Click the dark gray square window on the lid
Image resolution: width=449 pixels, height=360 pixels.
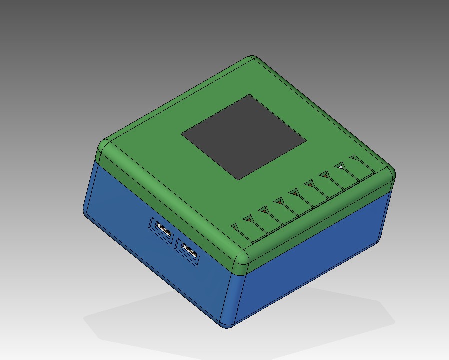click(244, 137)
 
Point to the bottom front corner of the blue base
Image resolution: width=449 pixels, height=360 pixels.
click(227, 325)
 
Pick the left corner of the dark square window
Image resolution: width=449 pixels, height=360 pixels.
click(183, 133)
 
